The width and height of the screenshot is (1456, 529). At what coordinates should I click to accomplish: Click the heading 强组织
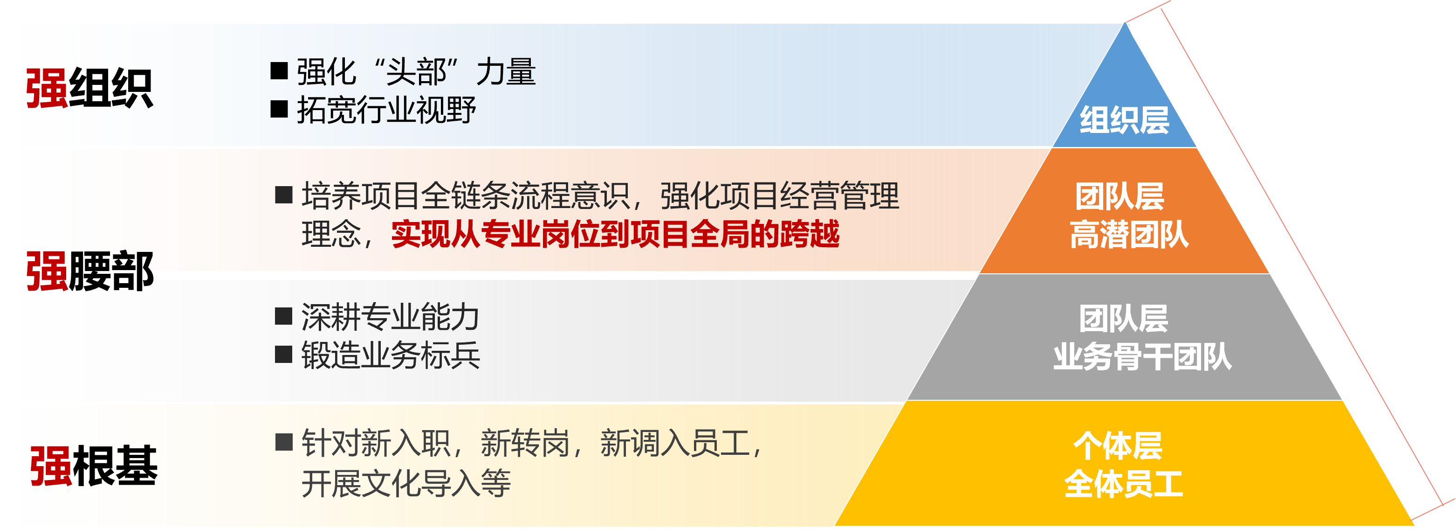point(89,88)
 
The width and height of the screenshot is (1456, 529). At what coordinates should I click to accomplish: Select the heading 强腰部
point(90,271)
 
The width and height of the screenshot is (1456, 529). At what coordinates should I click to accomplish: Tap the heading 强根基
point(94,466)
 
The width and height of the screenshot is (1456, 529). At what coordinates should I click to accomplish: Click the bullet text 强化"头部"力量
point(416,72)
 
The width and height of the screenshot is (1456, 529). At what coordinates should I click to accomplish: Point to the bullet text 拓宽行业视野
point(386,110)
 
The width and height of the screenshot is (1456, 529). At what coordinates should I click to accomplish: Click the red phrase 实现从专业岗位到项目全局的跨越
point(616,234)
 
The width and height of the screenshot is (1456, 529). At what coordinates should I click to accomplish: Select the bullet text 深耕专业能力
point(391,317)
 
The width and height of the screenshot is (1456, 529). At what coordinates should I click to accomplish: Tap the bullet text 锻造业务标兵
point(391,355)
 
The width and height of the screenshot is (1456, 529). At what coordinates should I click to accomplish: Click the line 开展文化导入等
point(406,483)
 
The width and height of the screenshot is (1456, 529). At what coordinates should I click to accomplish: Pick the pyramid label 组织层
point(1124,120)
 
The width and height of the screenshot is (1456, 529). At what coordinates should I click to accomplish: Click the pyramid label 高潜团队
point(1129,234)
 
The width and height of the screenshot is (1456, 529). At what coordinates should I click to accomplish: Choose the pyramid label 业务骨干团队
point(1142,356)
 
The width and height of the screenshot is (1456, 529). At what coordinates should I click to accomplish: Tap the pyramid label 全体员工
point(1124,484)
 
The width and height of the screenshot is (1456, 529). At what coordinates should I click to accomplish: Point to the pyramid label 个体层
point(1118,446)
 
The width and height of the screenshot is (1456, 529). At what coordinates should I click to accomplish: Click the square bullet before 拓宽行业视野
point(279,109)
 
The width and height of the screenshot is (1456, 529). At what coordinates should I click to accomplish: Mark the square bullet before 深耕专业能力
point(283,316)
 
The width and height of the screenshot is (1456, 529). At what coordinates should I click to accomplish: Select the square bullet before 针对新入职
point(284,442)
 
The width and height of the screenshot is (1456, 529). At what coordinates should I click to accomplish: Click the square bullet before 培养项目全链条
point(283,195)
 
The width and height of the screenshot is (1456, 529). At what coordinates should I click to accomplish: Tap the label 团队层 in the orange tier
point(1119,196)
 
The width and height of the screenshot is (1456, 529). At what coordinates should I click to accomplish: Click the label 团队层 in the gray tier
point(1124,318)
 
